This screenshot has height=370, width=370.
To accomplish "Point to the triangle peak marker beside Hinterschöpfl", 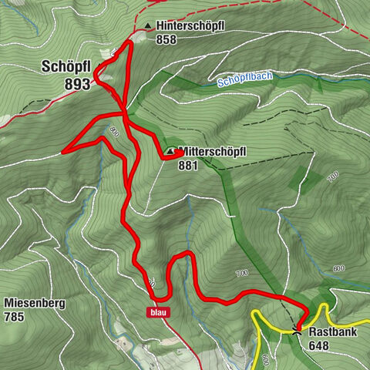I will tap(148, 25).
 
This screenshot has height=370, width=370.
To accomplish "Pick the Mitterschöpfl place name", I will tap(211, 151).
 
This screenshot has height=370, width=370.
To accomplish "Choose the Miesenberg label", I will tap(34, 303).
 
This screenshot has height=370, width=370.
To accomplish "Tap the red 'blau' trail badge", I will tap(158, 312).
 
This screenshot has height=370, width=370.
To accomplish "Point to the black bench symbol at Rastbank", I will tap(298, 331).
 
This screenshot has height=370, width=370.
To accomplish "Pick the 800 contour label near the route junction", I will tap(116, 131).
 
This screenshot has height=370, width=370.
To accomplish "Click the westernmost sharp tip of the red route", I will tap(62, 151).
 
